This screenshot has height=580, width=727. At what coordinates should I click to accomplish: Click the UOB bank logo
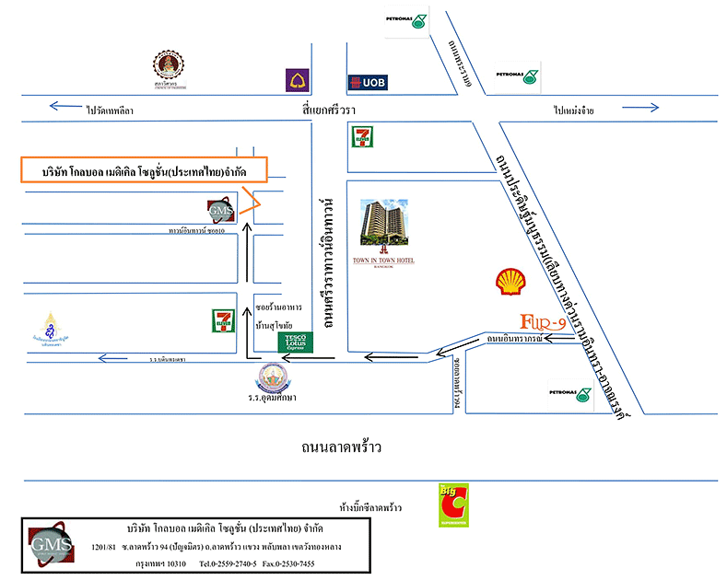click(367, 83)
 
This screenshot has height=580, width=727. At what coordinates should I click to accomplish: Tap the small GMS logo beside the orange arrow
click(222, 212)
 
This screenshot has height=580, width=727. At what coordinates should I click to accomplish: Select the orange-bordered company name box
click(143, 170)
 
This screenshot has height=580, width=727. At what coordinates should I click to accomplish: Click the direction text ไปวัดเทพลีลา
click(111, 110)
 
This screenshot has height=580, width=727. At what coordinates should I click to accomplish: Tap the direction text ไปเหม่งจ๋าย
click(574, 110)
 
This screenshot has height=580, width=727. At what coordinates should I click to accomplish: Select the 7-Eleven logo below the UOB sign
click(360, 137)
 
